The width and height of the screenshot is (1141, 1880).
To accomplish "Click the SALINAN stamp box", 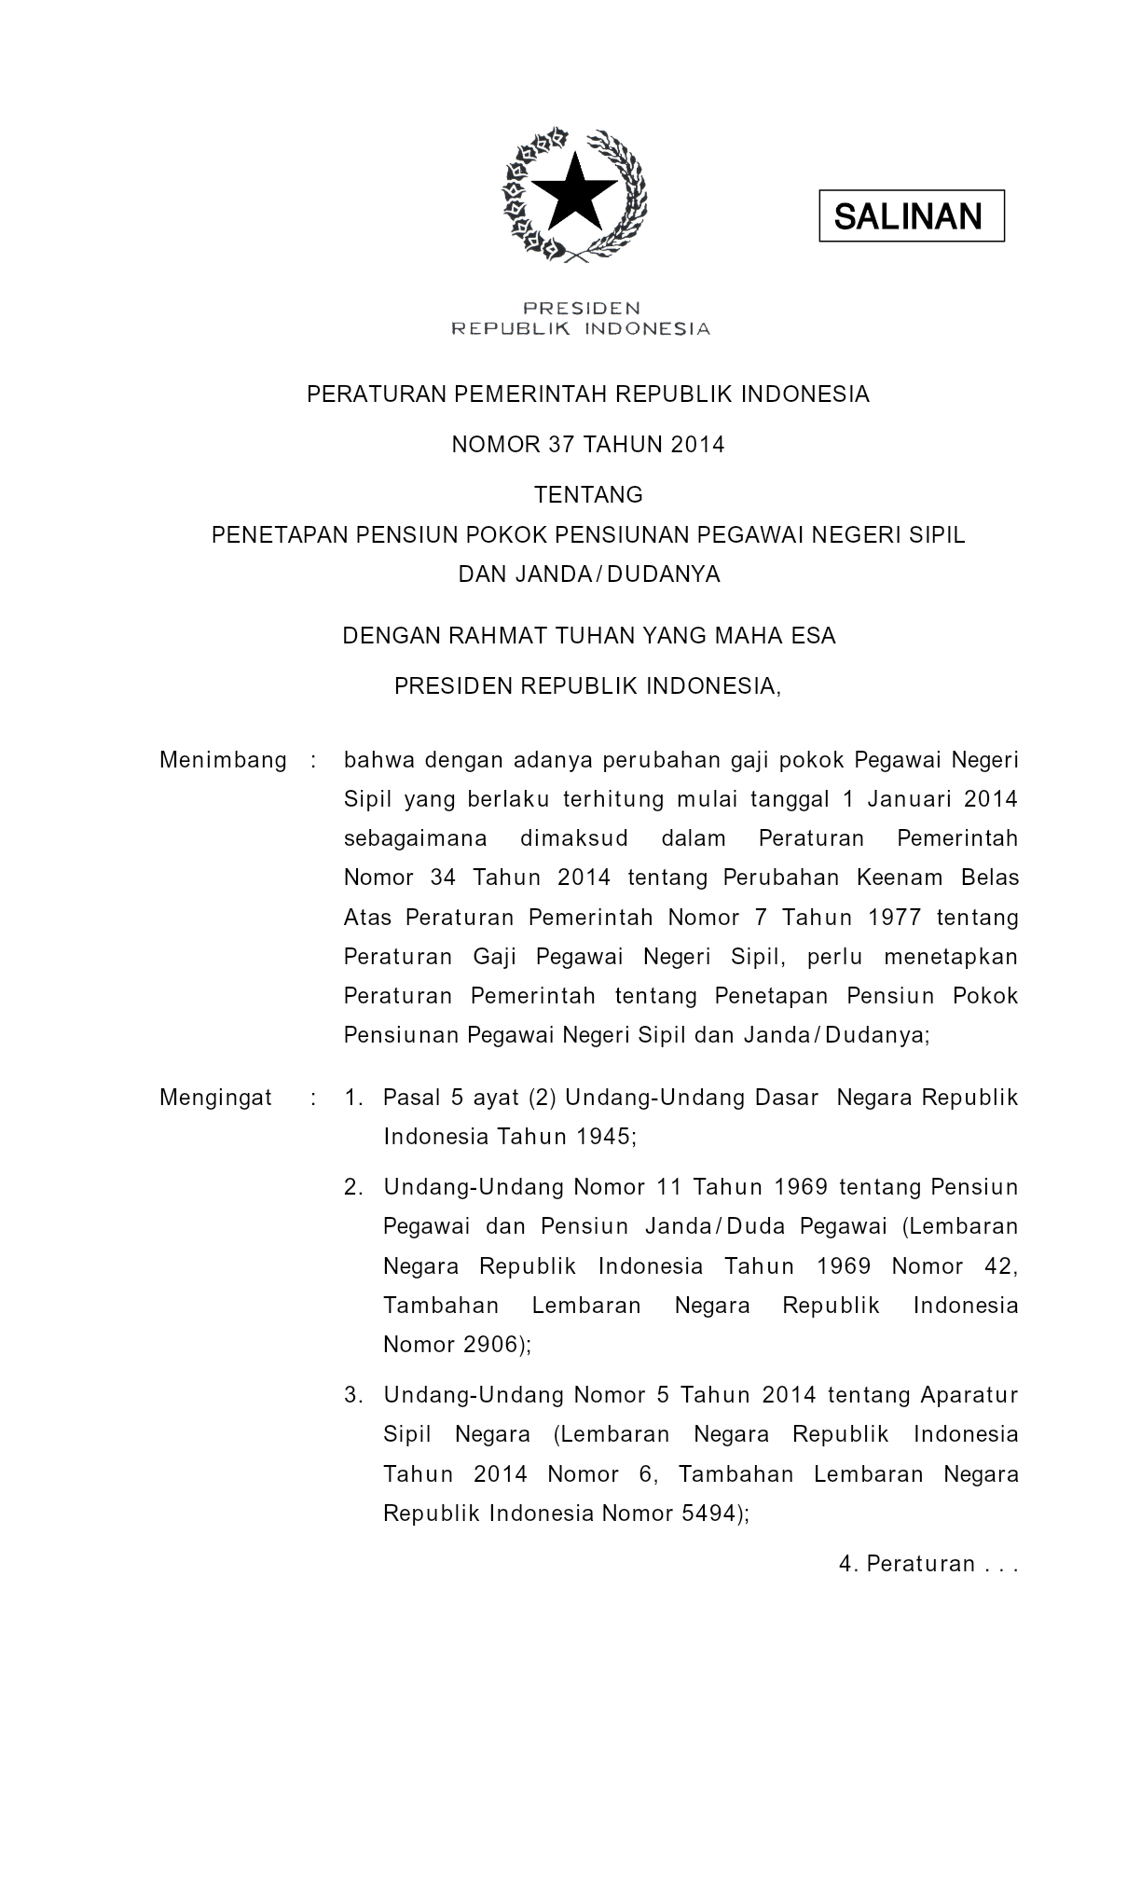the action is coord(911,216).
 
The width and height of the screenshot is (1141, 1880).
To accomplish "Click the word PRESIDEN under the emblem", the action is coord(581,308).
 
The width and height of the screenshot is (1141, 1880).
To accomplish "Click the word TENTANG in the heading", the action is coord(588,493).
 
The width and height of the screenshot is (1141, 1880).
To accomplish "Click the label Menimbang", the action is coord(223,760).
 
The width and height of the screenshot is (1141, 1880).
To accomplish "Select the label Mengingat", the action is coord(215,1098).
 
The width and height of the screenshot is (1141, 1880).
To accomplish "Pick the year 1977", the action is coord(894,918).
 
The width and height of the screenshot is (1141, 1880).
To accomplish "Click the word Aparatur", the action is coord(969,1395).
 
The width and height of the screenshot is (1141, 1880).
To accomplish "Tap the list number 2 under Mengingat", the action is coord(352,1187).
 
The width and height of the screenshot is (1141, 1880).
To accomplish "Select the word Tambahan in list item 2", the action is coord(441,1306).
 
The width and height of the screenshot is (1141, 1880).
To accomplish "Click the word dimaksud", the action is coord(574,838).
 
